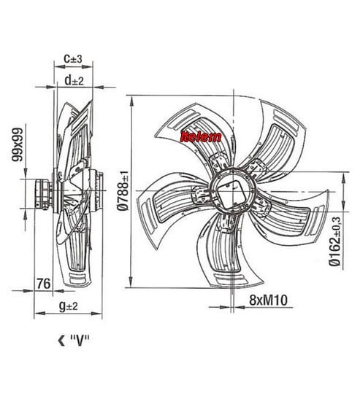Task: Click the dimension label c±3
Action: pos(73,58)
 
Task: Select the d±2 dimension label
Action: pos(74,80)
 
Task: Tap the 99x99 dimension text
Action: pos(18,144)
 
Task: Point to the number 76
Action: pos(43,284)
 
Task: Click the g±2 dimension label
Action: pos(69,306)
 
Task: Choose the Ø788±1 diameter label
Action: pos(123,190)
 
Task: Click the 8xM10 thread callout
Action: pos(268,300)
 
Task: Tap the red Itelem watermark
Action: pos(201,136)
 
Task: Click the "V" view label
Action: pos(80,341)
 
